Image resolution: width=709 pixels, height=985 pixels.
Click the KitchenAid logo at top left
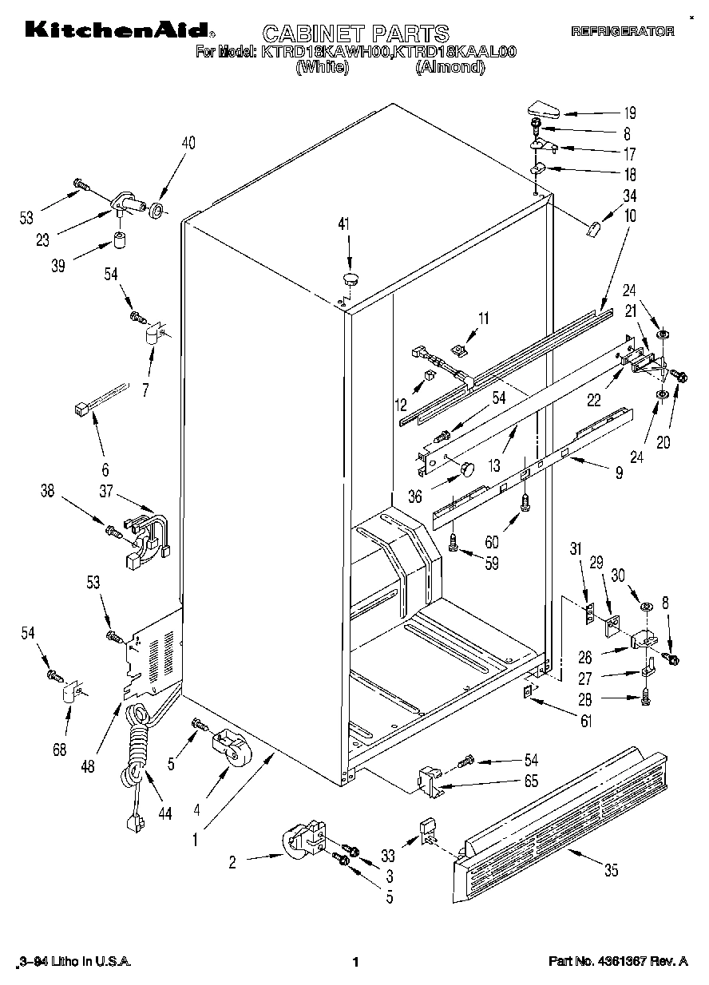(118, 31)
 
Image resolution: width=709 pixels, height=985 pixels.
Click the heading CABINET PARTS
(355, 33)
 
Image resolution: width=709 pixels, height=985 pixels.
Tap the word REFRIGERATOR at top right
(623, 32)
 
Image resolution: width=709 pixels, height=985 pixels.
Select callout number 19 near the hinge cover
(630, 113)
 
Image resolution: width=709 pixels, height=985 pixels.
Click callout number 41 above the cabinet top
(344, 225)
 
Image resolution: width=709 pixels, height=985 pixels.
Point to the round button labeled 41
(350, 278)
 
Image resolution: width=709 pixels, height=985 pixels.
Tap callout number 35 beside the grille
(611, 870)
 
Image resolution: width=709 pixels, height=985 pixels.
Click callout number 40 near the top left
(188, 144)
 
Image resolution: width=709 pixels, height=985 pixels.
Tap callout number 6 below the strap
(105, 470)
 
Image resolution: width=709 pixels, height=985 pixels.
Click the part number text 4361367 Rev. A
(617, 963)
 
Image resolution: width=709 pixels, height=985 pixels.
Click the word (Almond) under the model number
(450, 68)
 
